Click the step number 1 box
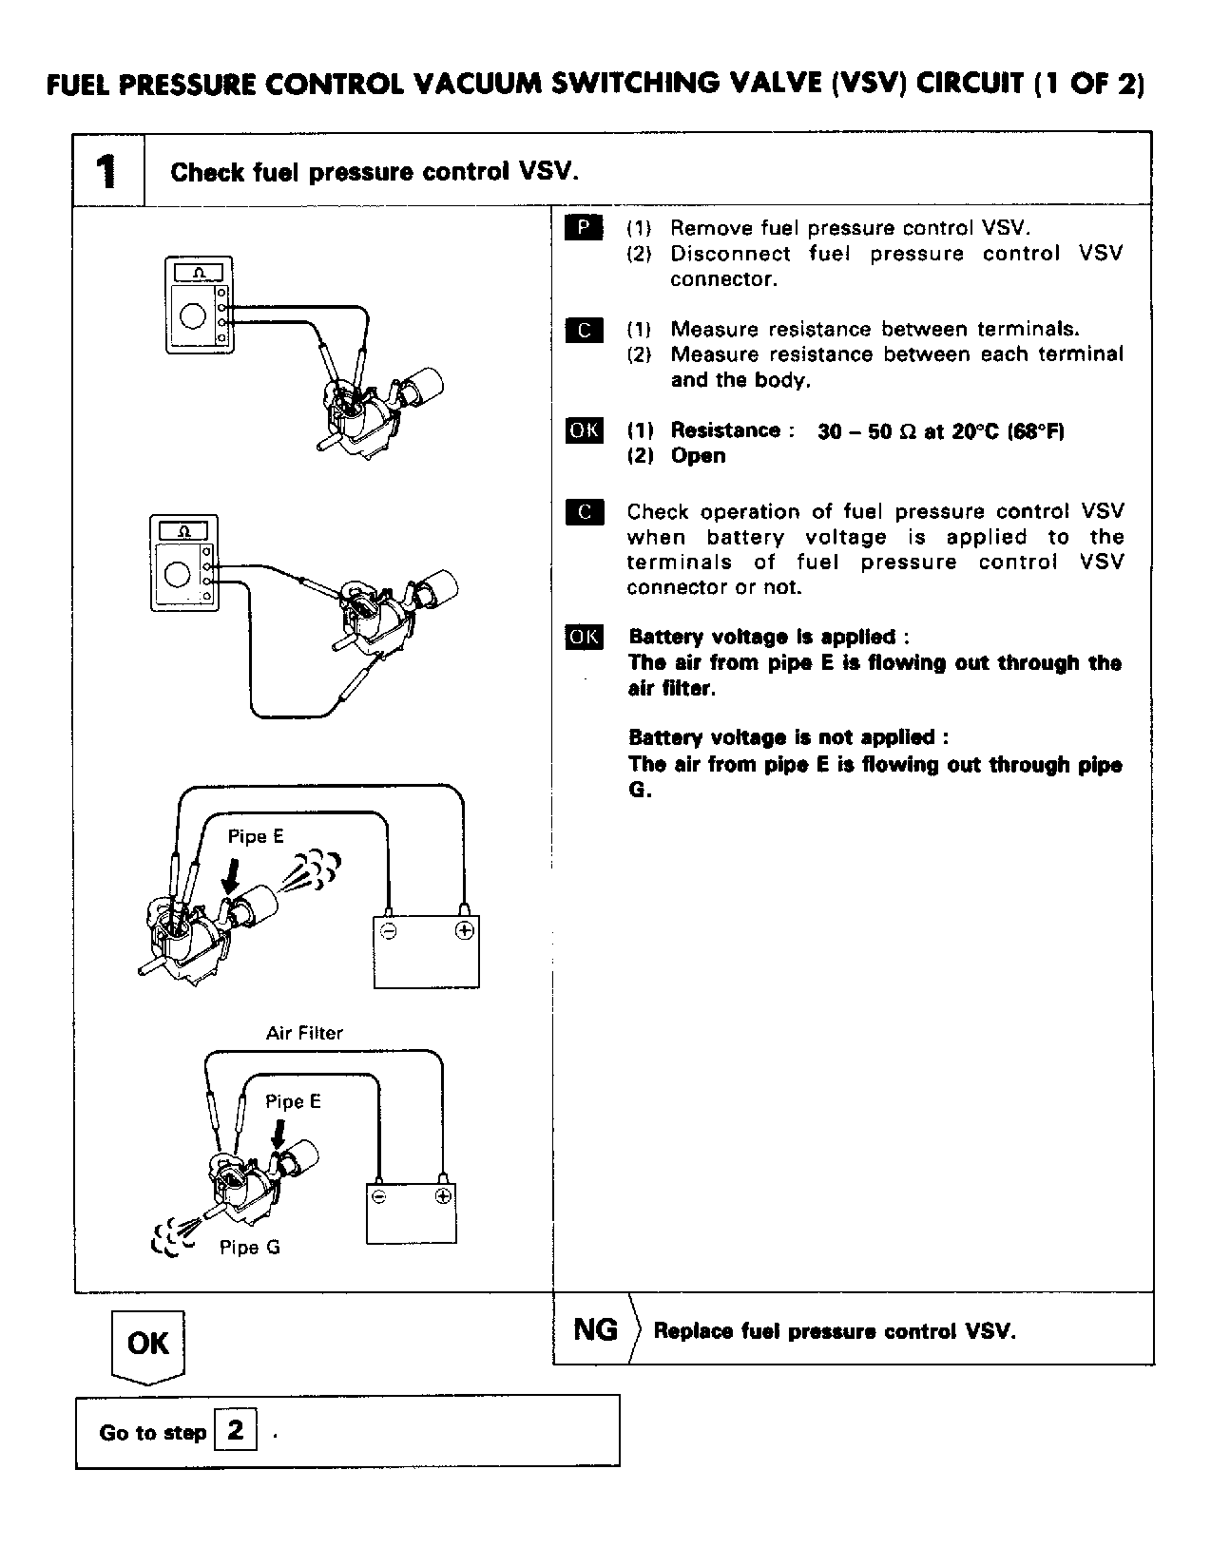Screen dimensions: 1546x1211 click(x=108, y=170)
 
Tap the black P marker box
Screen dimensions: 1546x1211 click(x=584, y=228)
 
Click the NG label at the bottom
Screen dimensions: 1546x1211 click(x=595, y=1329)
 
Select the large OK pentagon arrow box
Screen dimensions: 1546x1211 click(x=147, y=1344)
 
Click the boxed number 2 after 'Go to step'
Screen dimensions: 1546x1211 click(x=236, y=1430)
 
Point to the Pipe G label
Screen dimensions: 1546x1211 click(x=250, y=1248)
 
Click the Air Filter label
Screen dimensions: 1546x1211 click(x=304, y=1033)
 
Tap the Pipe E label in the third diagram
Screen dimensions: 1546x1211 click(x=256, y=837)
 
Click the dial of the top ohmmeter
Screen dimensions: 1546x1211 click(x=193, y=315)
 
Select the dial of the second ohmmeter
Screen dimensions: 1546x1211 click(x=177, y=573)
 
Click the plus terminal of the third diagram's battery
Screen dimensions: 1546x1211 click(x=464, y=931)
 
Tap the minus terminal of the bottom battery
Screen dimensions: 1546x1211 click(x=379, y=1197)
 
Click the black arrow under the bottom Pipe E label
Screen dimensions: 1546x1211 click(x=278, y=1131)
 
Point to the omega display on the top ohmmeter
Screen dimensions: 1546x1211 click(x=198, y=273)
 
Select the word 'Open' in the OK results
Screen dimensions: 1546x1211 click(x=698, y=456)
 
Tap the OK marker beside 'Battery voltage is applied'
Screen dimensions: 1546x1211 click(x=584, y=637)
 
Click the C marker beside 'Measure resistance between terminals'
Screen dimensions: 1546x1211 click(x=584, y=330)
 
